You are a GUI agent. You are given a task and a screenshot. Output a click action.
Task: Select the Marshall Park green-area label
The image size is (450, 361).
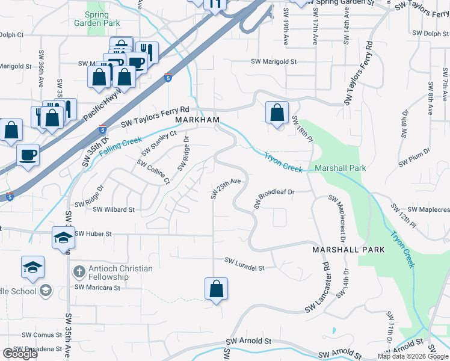[340, 168]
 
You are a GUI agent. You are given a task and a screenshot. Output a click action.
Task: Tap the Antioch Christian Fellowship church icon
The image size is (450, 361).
[78, 272]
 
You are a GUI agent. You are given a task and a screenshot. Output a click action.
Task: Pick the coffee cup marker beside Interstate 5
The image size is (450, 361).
[28, 155]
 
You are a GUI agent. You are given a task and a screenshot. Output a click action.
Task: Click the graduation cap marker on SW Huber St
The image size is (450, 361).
[63, 238]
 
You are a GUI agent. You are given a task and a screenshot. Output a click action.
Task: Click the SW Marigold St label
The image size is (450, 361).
[274, 61]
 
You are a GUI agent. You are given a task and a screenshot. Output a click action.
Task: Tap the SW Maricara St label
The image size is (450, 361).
[97, 288]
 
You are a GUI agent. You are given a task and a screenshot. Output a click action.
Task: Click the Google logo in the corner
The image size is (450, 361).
[20, 353]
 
